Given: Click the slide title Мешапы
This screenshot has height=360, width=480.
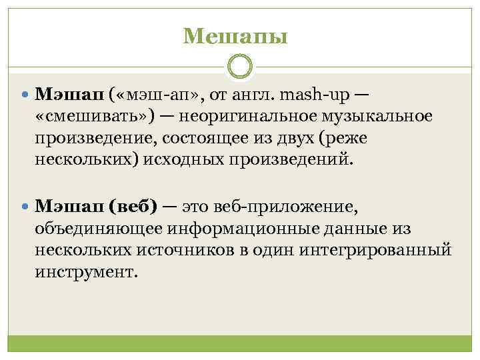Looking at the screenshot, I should pyautogui.click(x=235, y=35).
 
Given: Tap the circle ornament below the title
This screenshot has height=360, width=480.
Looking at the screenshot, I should pyautogui.click(x=240, y=67).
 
